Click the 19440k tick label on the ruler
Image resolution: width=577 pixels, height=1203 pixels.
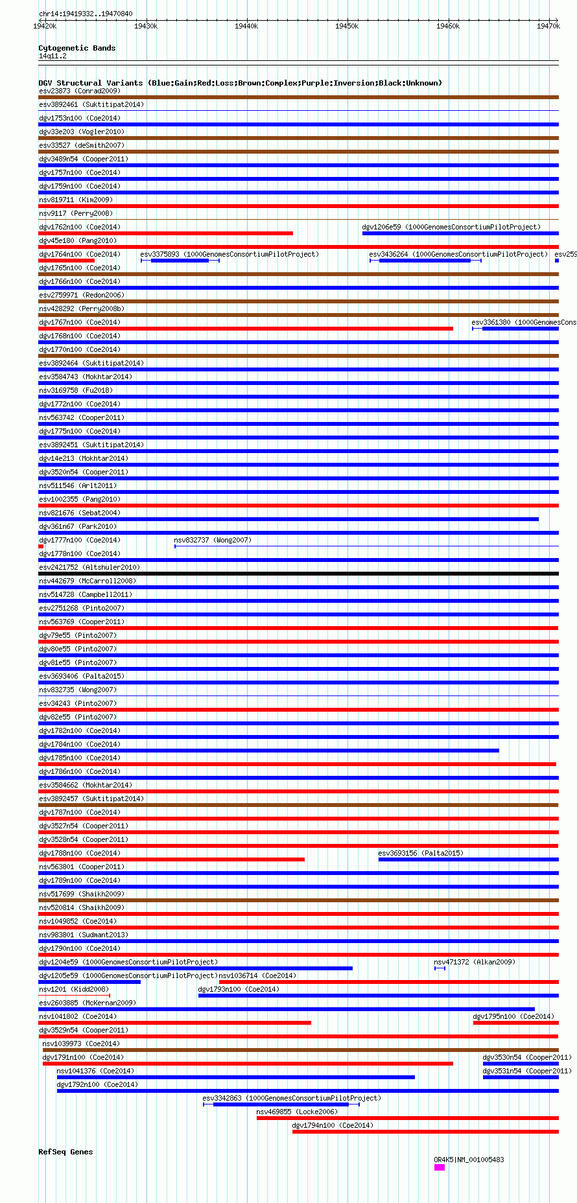click(x=246, y=26)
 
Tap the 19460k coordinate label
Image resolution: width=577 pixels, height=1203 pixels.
click(x=448, y=26)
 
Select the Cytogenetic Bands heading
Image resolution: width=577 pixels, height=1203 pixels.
click(x=77, y=48)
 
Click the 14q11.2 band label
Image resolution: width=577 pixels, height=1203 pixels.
click(x=53, y=56)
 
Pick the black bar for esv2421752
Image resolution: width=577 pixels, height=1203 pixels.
click(x=298, y=574)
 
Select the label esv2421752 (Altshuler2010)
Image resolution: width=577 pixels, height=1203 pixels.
click(x=89, y=567)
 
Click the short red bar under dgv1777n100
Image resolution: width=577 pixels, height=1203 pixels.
click(x=41, y=546)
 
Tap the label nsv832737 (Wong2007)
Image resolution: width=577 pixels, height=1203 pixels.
click(x=213, y=540)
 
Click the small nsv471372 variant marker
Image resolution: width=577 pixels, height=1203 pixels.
click(x=440, y=968)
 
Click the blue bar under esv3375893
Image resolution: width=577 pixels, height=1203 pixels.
click(x=180, y=261)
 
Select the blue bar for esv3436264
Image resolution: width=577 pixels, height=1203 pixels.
click(x=425, y=261)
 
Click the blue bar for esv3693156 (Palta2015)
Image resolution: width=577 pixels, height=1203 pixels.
click(x=468, y=859)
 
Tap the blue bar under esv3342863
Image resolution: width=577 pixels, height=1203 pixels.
click(x=281, y=1104)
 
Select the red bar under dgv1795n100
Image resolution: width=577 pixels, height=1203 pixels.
click(x=515, y=1023)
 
